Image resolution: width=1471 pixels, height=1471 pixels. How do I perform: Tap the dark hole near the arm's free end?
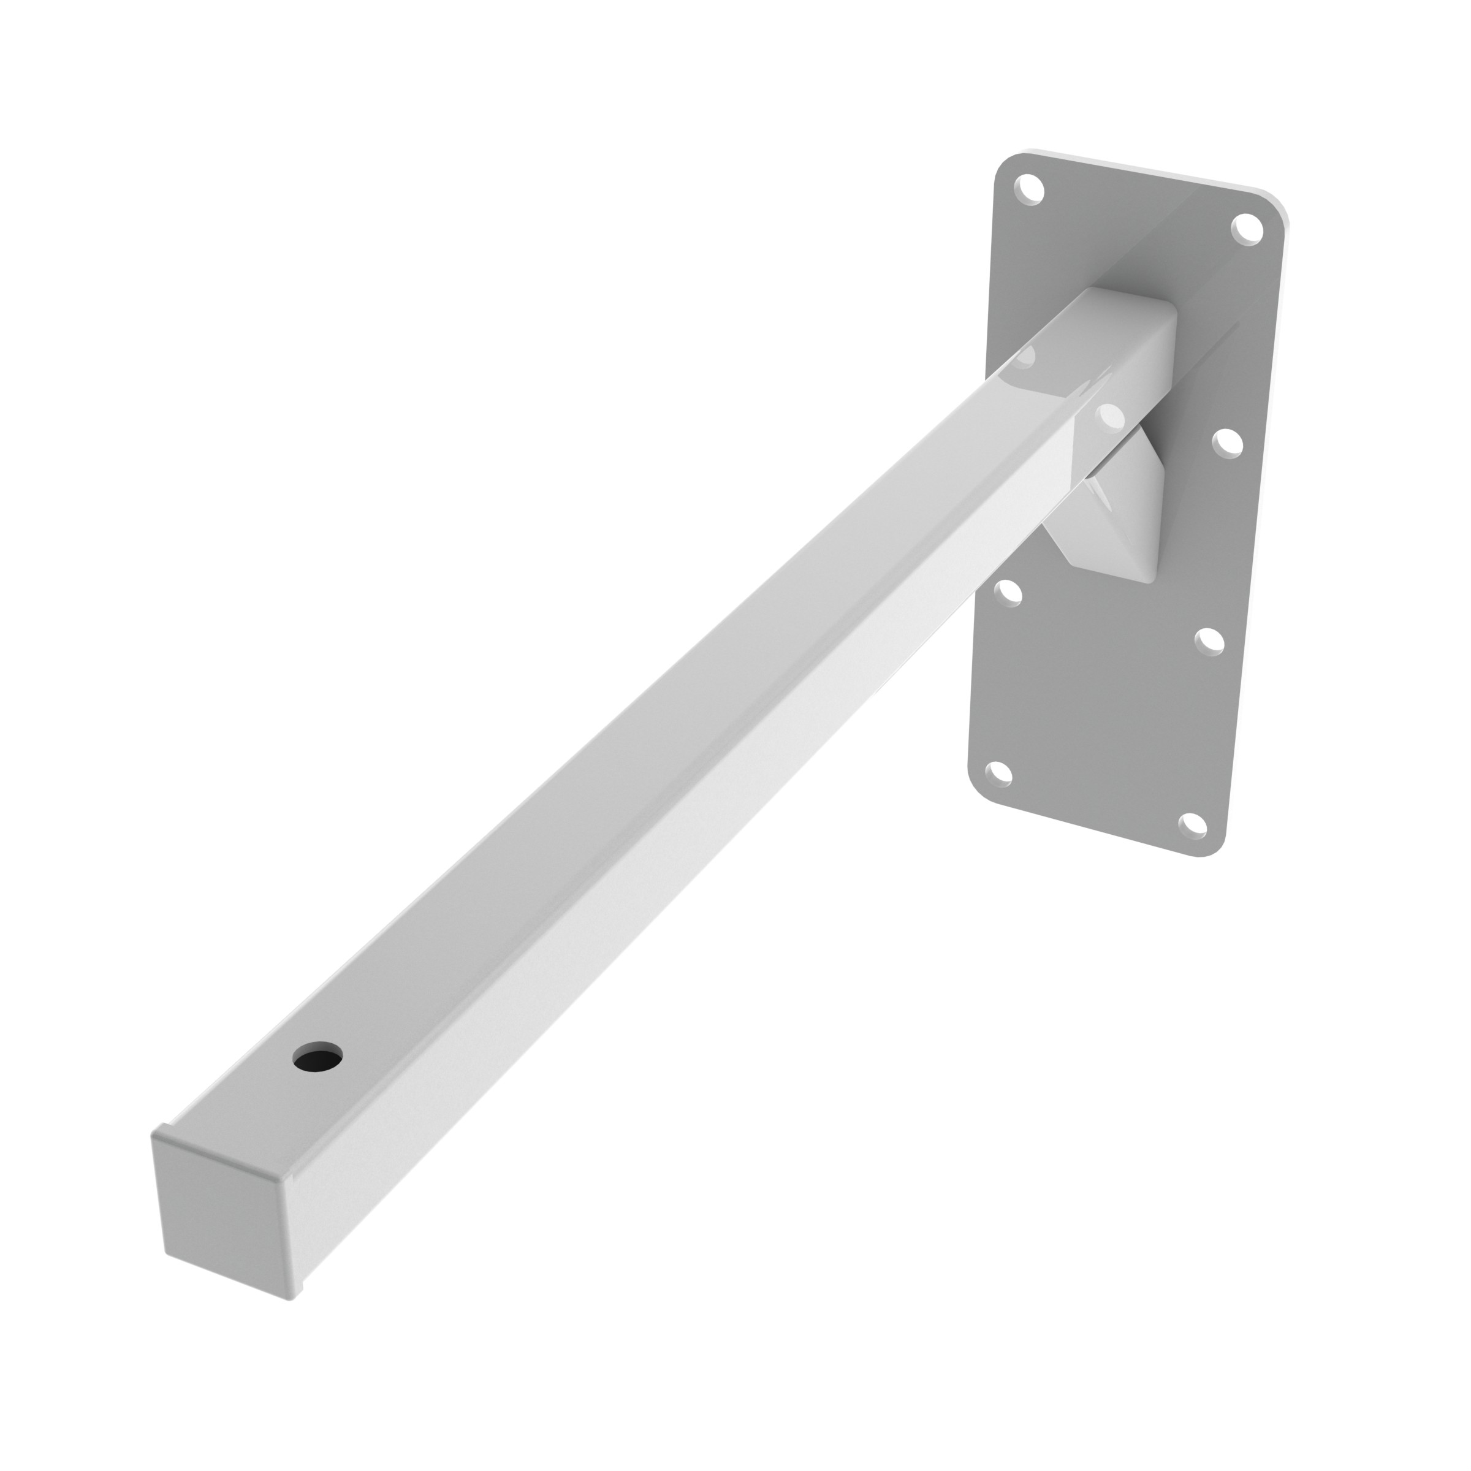[x=317, y=1057]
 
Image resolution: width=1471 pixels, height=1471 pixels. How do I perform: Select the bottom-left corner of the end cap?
[x=164, y=1252]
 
